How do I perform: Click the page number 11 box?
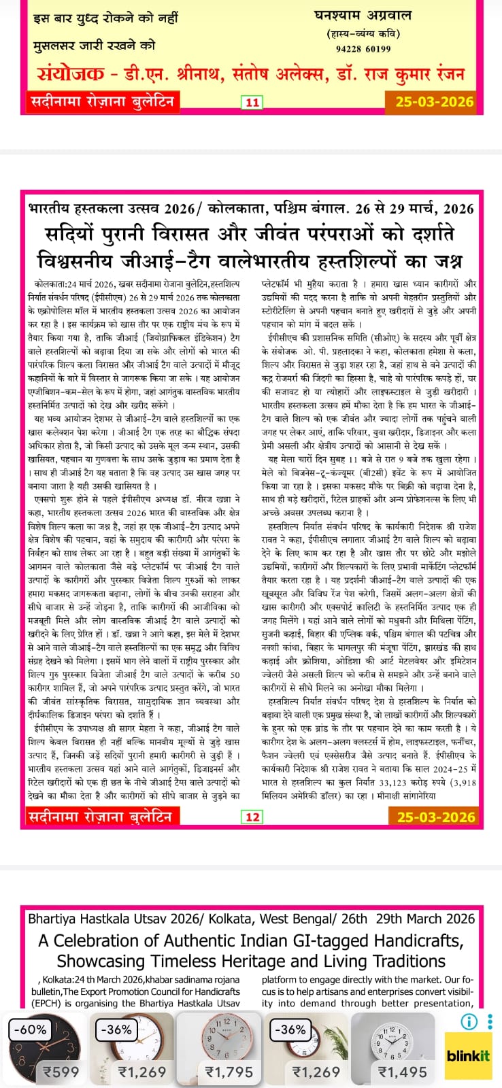pos(252,103)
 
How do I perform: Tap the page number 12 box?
pos(252,817)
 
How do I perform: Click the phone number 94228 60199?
pos(363,48)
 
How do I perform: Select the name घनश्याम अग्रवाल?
pos(363,16)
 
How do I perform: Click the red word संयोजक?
pos(71,73)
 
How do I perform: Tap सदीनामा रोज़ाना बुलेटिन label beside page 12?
pos(99,816)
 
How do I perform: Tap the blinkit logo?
pos(468,1056)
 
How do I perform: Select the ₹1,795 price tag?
pos(229,1072)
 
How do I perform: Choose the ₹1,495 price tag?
pos(403,1072)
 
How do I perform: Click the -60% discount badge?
pos(29,1030)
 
